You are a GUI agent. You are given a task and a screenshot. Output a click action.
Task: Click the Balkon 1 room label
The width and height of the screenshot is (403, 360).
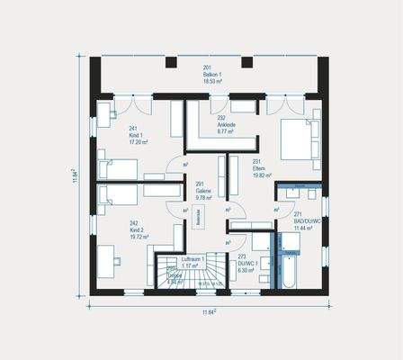pyautogui.click(x=212, y=74)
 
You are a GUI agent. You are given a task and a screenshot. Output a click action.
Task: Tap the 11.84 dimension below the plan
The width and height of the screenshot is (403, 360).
pyautogui.click(x=210, y=311)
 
